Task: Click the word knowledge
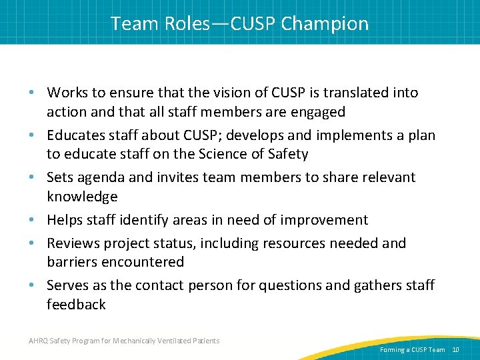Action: (82, 197)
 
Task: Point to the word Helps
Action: (65, 220)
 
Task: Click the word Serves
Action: (69, 285)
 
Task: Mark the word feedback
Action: (76, 305)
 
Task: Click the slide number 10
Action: (456, 349)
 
